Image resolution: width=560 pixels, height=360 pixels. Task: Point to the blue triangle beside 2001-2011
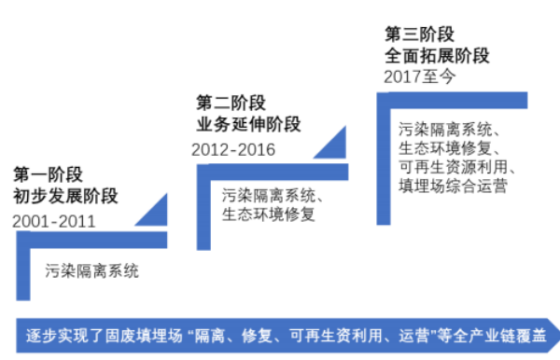click(x=149, y=213)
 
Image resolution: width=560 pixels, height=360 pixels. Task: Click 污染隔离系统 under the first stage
click(x=92, y=271)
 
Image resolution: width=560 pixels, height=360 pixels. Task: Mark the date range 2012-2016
click(x=233, y=149)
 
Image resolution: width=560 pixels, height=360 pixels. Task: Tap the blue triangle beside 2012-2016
click(x=331, y=142)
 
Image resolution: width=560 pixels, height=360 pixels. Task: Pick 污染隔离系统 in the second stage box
click(x=269, y=197)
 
